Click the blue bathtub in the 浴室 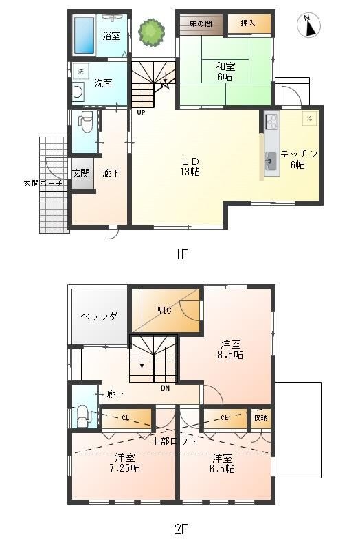click(84, 36)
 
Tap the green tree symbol click(151, 32)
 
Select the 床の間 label click(201, 24)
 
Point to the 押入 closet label click(247, 23)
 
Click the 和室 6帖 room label click(225, 71)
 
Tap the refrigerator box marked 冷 click(310, 118)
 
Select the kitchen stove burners click(271, 122)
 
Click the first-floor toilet click(86, 122)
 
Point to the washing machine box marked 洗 click(80, 71)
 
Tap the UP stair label click(141, 113)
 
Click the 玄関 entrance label click(81, 173)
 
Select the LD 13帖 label click(190, 166)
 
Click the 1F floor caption click(181, 254)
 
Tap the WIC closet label click(164, 310)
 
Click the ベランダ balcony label click(99, 316)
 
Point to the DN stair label click(165, 388)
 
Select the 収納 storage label click(260, 418)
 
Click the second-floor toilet click(82, 415)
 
